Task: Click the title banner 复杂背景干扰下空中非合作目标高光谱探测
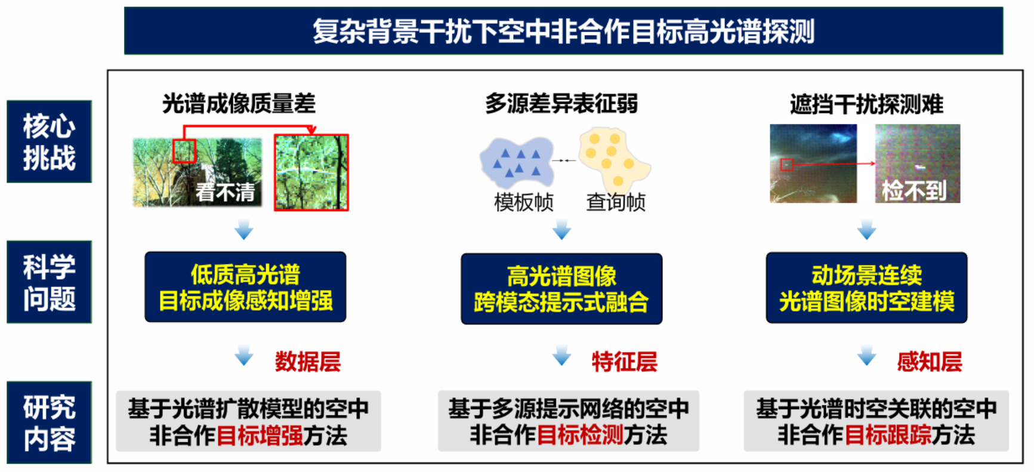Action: click(563, 30)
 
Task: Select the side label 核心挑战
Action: click(49, 141)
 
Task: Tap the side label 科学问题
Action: click(49, 282)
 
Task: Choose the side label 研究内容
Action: click(49, 422)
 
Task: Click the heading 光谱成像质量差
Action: click(239, 104)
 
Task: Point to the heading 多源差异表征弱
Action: click(561, 104)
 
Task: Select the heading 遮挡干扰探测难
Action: click(866, 104)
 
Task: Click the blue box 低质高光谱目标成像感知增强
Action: click(245, 287)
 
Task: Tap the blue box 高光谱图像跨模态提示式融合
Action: click(561, 289)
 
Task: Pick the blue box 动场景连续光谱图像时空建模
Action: click(866, 288)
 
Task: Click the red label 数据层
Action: click(307, 362)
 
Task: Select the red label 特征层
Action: click(624, 362)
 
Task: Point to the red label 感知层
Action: click(930, 362)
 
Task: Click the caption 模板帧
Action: click(524, 202)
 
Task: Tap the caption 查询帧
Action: click(616, 202)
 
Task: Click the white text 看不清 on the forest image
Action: click(225, 192)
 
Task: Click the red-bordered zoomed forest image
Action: click(311, 172)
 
